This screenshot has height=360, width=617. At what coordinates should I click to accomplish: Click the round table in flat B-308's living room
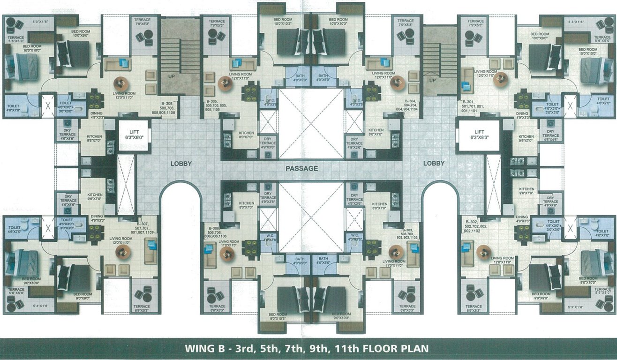pos(121,83)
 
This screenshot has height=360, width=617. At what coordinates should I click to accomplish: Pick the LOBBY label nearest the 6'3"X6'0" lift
pos(181,164)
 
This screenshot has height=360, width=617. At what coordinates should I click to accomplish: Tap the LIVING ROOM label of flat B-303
pos(393,261)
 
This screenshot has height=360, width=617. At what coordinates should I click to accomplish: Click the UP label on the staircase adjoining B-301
pos(433,80)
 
